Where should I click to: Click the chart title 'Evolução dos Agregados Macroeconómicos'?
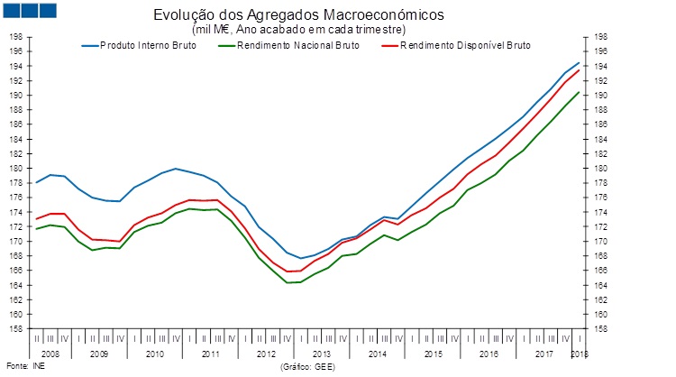tap(299, 16)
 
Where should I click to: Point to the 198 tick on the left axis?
tap(15, 37)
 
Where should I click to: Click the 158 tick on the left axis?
tap(15, 329)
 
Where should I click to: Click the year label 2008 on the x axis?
tap(50, 354)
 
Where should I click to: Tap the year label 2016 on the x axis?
tap(487, 354)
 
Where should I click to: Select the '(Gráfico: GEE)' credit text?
tap(308, 367)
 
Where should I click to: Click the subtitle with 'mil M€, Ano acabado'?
tap(299, 30)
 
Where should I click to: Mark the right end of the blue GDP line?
tap(579, 62)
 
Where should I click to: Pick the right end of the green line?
tap(579, 91)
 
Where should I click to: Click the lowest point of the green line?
tap(288, 282)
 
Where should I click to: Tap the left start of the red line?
tap(36, 218)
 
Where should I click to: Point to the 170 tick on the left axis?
tap(15, 242)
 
